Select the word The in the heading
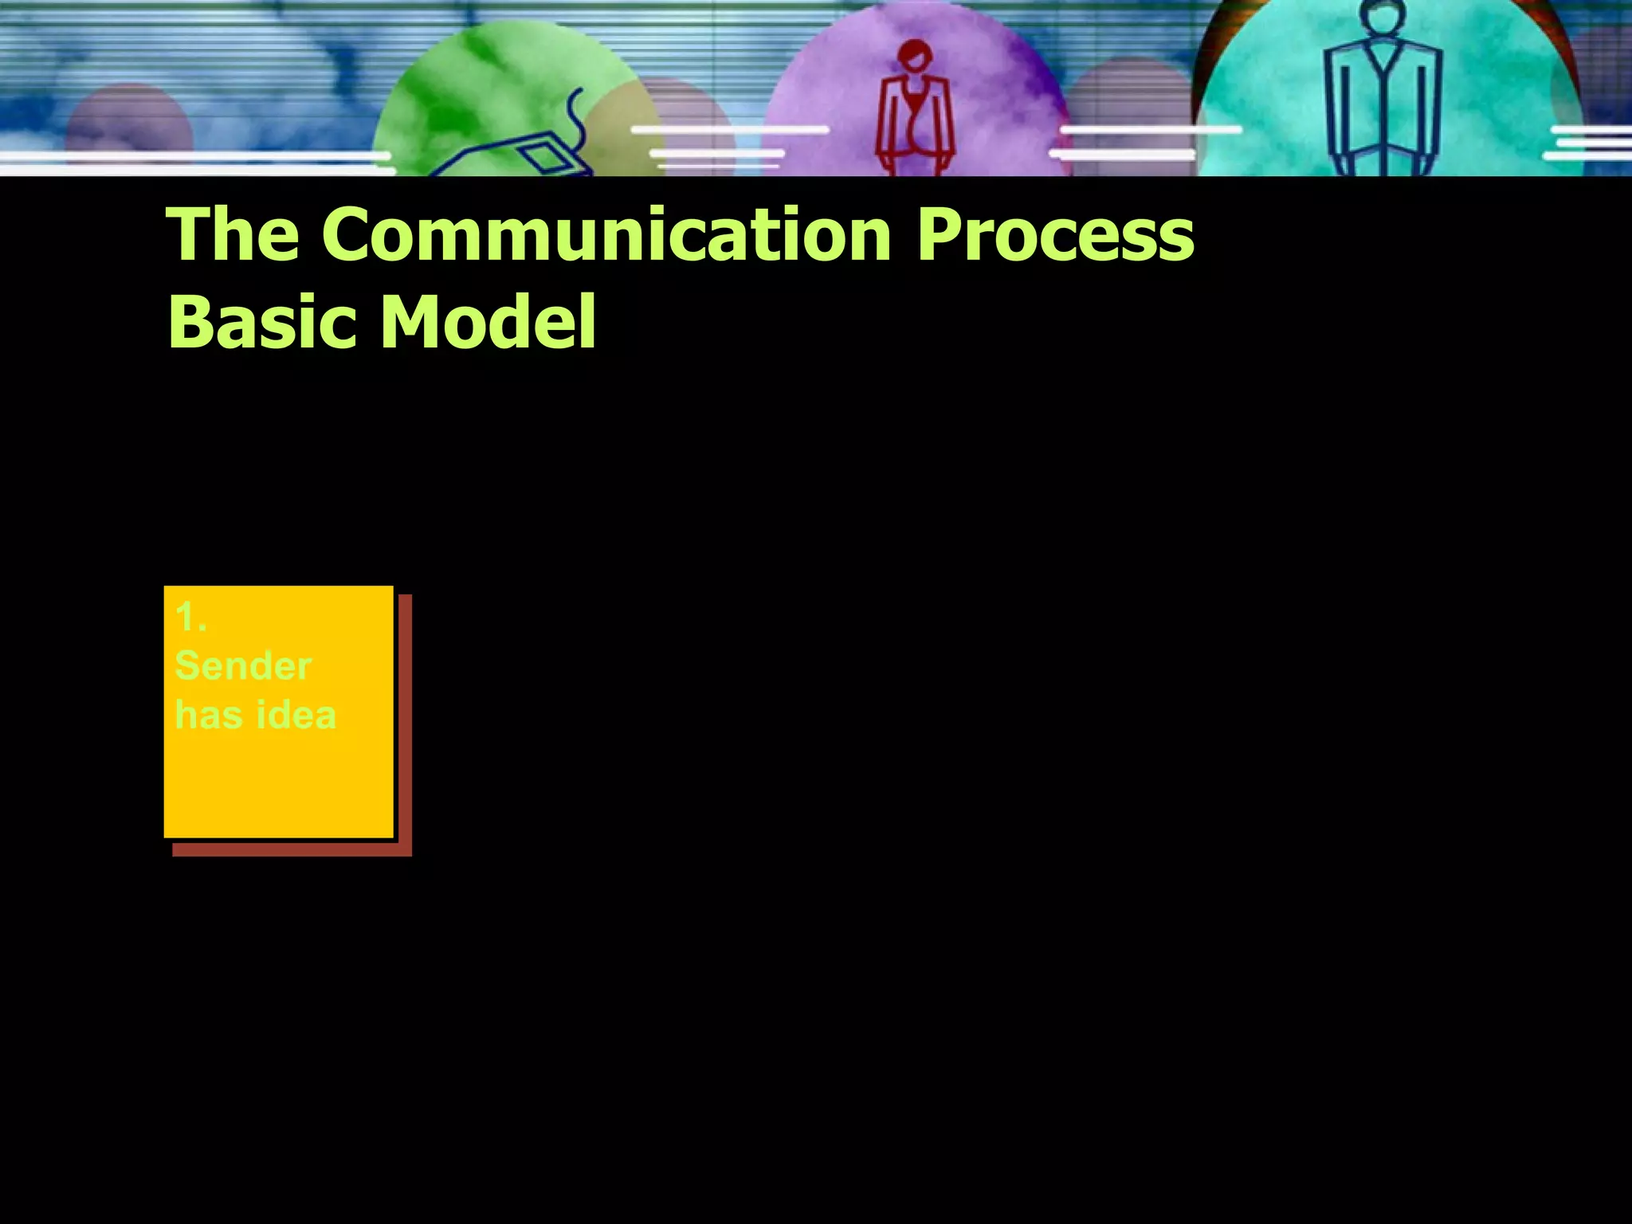(x=233, y=235)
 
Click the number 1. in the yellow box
(x=190, y=618)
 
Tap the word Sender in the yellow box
(x=242, y=666)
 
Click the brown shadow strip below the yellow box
(x=291, y=849)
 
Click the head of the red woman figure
(x=914, y=57)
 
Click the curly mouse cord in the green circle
(x=575, y=120)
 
